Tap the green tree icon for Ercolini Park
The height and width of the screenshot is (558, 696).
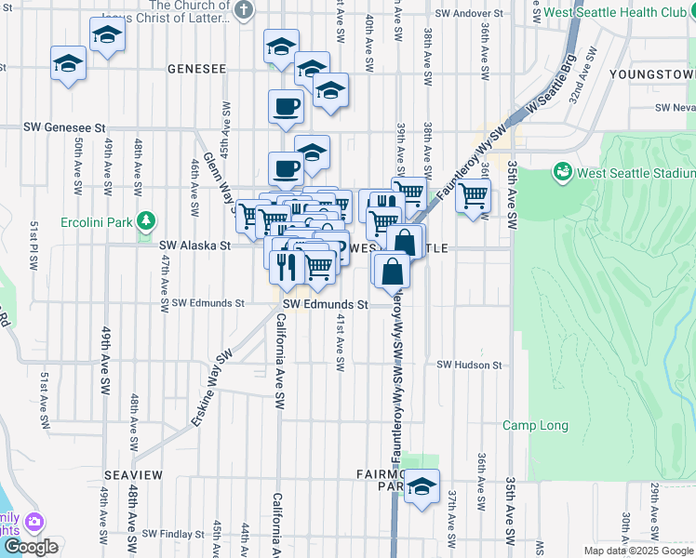(x=144, y=220)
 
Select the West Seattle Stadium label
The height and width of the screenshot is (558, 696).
(x=636, y=173)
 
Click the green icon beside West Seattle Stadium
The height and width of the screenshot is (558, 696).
(x=562, y=172)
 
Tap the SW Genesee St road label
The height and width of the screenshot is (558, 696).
(x=67, y=126)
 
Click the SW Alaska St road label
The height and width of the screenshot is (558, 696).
(x=194, y=246)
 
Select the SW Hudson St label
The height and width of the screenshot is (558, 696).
(x=469, y=365)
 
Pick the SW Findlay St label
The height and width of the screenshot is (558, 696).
(x=173, y=535)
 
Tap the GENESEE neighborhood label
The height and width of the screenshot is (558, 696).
(x=197, y=69)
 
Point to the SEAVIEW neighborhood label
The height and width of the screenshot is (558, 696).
(x=134, y=475)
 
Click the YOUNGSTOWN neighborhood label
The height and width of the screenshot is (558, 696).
(x=651, y=73)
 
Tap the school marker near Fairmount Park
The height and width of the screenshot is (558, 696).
(x=422, y=486)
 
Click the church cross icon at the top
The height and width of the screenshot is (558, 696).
(x=244, y=11)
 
